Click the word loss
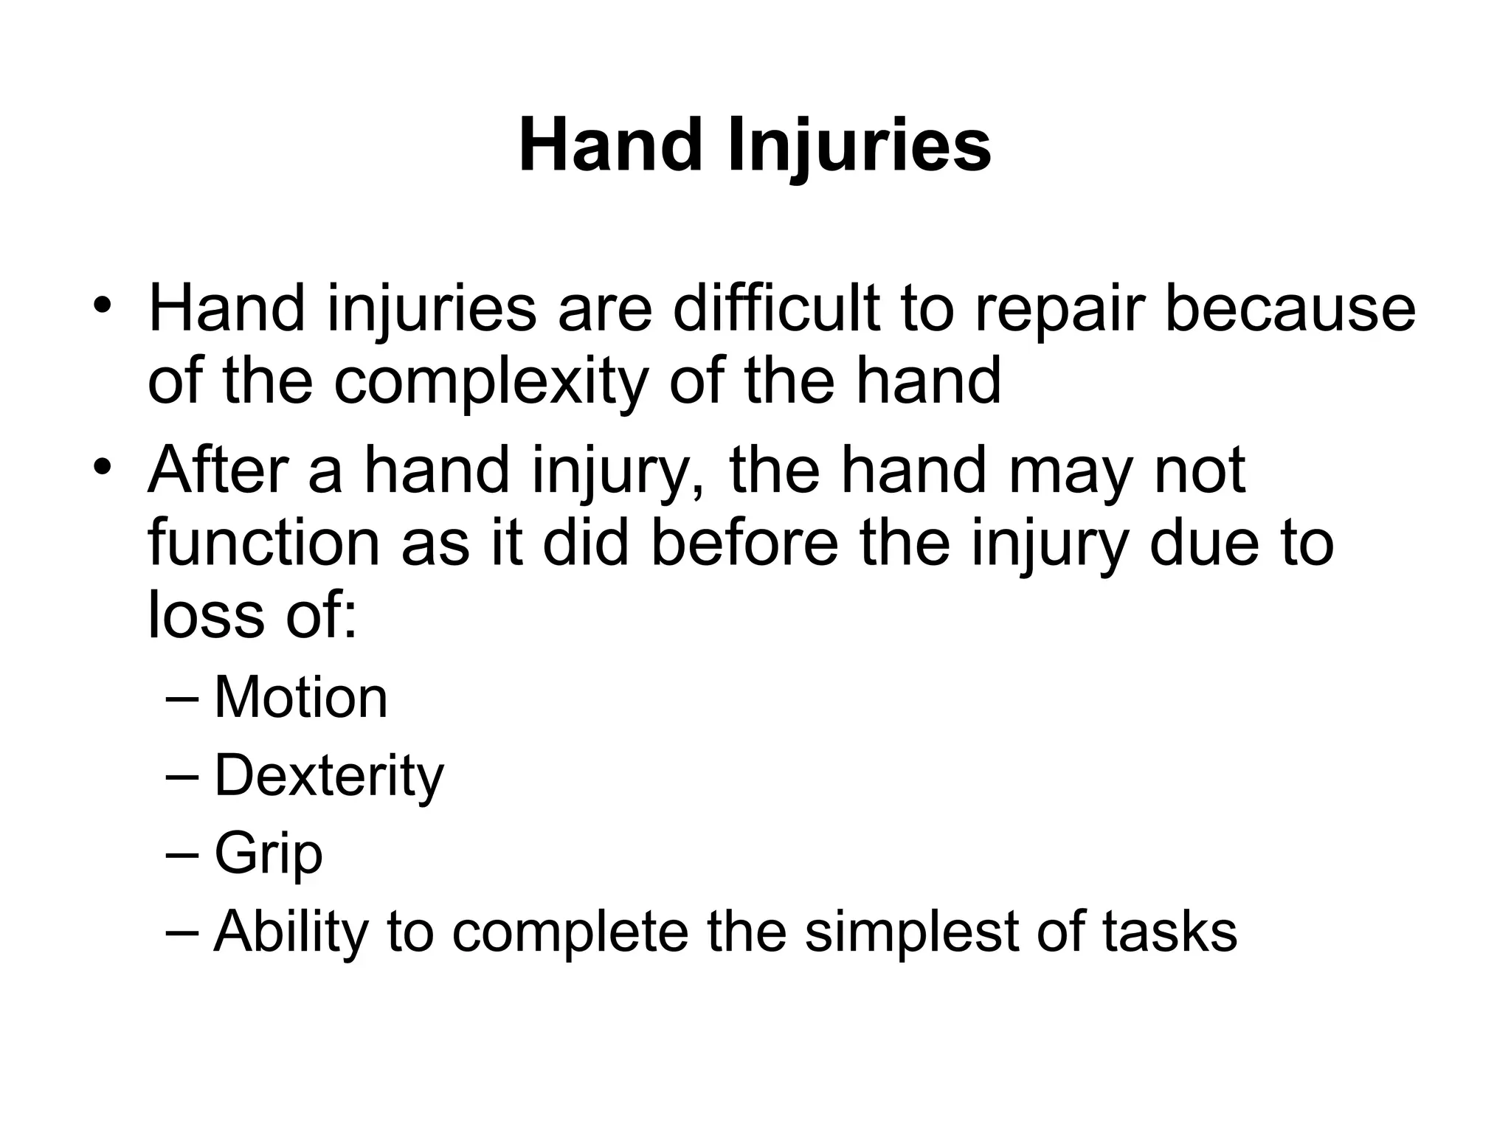tap(206, 614)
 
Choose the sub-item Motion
tap(300, 698)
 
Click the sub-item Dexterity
tap(329, 776)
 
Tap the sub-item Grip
tap(269, 854)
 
